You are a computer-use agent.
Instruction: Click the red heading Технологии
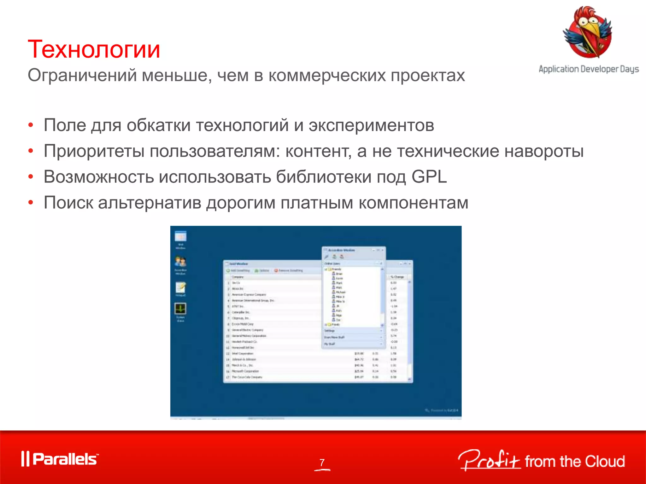(x=94, y=50)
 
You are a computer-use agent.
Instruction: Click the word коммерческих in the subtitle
(x=327, y=76)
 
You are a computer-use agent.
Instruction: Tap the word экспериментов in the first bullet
(x=371, y=125)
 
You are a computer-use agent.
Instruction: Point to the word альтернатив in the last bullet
(x=150, y=203)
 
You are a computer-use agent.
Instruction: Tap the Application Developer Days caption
(x=589, y=69)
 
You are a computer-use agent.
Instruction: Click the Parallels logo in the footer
(x=60, y=459)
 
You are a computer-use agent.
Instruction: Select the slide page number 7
(x=322, y=462)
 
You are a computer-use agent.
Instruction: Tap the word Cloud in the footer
(x=605, y=462)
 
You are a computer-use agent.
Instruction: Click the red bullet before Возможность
(x=31, y=177)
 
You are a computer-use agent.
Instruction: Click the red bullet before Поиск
(x=31, y=203)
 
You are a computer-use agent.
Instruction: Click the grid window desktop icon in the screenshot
(x=180, y=236)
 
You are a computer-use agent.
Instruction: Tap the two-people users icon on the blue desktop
(x=180, y=262)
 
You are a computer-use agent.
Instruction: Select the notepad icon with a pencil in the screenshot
(x=180, y=287)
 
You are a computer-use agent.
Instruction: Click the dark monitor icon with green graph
(x=180, y=309)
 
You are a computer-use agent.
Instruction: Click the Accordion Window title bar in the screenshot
(x=347, y=250)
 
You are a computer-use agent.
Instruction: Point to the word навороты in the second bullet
(x=544, y=151)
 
